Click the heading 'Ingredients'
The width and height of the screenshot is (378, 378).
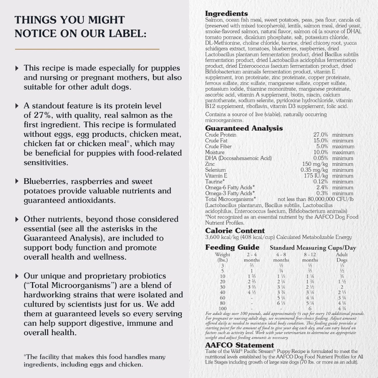(226, 14)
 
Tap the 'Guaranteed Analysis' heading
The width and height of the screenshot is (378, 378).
(244, 129)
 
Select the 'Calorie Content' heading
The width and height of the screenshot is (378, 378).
(235, 231)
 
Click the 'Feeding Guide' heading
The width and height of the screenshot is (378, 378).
(232, 247)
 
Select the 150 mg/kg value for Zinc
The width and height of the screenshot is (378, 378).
(315, 164)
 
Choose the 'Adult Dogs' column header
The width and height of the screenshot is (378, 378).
(342, 257)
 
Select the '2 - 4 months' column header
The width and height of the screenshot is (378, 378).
(252, 257)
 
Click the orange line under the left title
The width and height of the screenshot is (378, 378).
(87, 49)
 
